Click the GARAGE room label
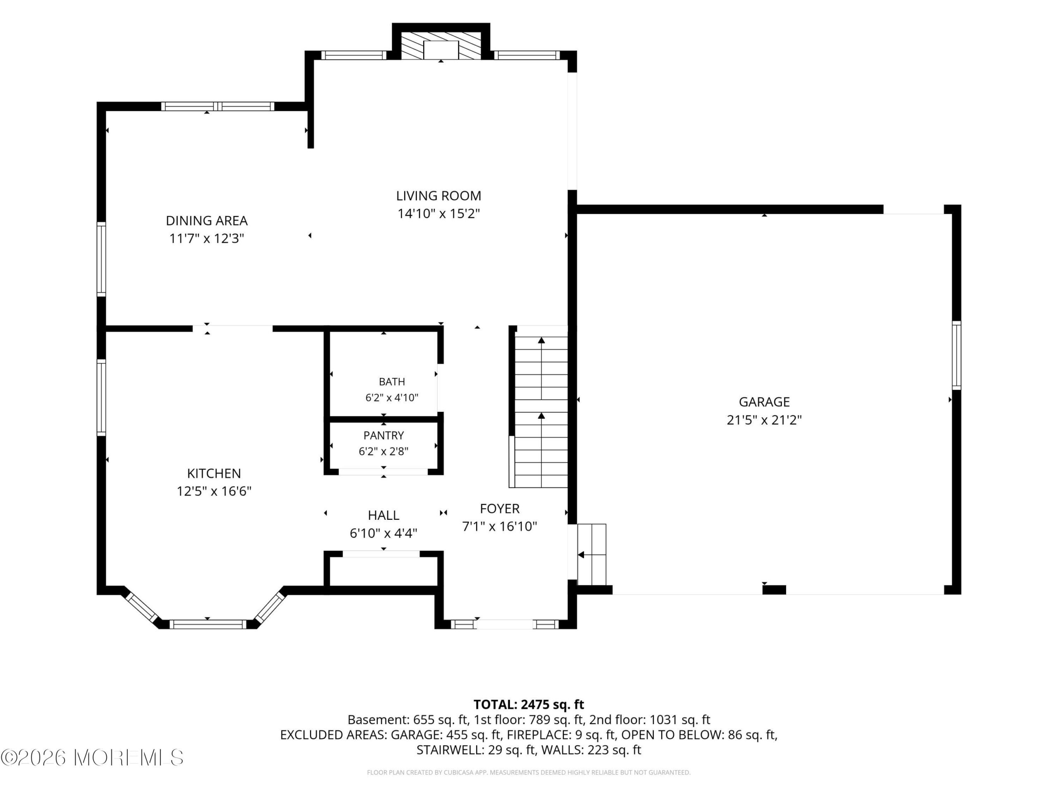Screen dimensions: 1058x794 click(764, 402)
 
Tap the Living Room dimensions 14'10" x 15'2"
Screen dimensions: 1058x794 click(438, 213)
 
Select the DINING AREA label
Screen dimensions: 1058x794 click(207, 221)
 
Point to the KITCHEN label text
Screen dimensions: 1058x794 click(214, 474)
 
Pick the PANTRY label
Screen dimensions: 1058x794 click(384, 435)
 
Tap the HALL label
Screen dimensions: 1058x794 click(384, 515)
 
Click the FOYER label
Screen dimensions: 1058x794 click(500, 508)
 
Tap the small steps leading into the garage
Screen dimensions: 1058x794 click(592, 554)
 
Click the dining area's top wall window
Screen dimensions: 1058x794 click(218, 106)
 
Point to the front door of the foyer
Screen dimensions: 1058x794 click(504, 624)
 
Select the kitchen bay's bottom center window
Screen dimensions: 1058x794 click(207, 624)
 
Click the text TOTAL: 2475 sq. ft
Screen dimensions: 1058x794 click(529, 705)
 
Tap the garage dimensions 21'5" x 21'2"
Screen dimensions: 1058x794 click(764, 420)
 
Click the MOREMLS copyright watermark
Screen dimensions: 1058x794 click(92, 758)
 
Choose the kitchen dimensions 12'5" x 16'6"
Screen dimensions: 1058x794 click(214, 491)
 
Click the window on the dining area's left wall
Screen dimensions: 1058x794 click(101, 259)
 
